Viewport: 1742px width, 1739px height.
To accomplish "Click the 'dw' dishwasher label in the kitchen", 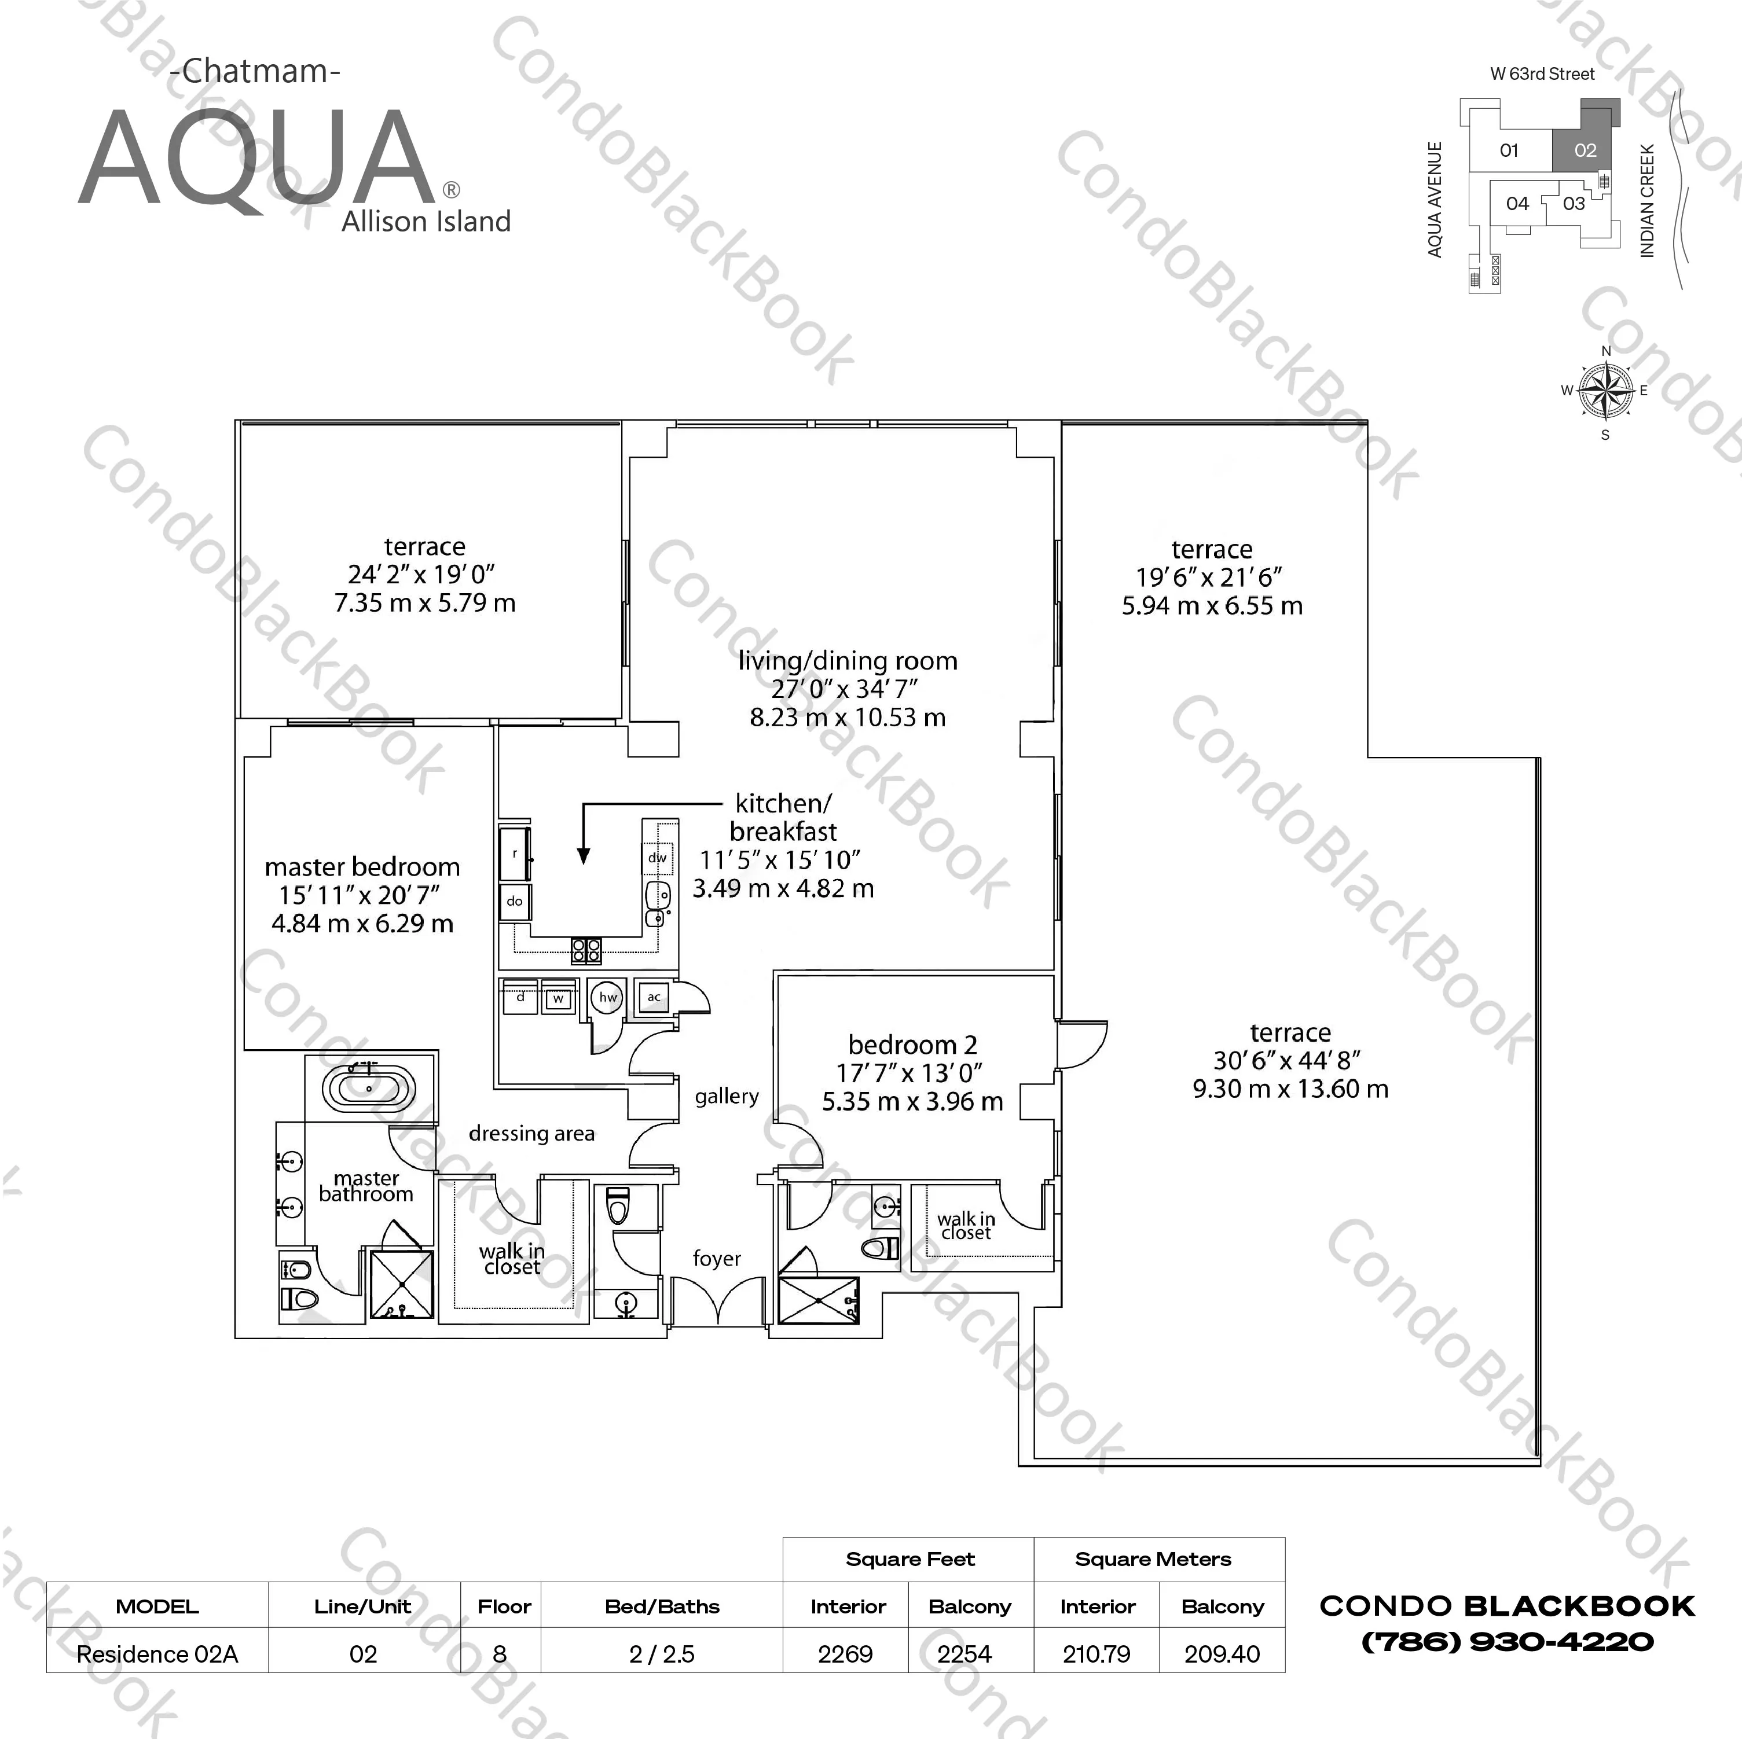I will point(657,857).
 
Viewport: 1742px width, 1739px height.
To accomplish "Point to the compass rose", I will point(1605,391).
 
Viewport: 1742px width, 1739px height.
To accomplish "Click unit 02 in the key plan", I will point(1585,150).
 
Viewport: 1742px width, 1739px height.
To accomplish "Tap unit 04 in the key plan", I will point(1517,204).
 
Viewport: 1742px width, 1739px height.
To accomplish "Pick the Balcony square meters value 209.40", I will point(1222,1655).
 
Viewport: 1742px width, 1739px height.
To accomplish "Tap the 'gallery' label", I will point(727,1096).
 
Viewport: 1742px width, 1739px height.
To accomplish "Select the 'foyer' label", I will point(717,1259).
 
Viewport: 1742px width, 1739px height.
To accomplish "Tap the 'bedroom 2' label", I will point(912,1045).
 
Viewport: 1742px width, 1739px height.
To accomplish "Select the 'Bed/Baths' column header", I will point(662,1606).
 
